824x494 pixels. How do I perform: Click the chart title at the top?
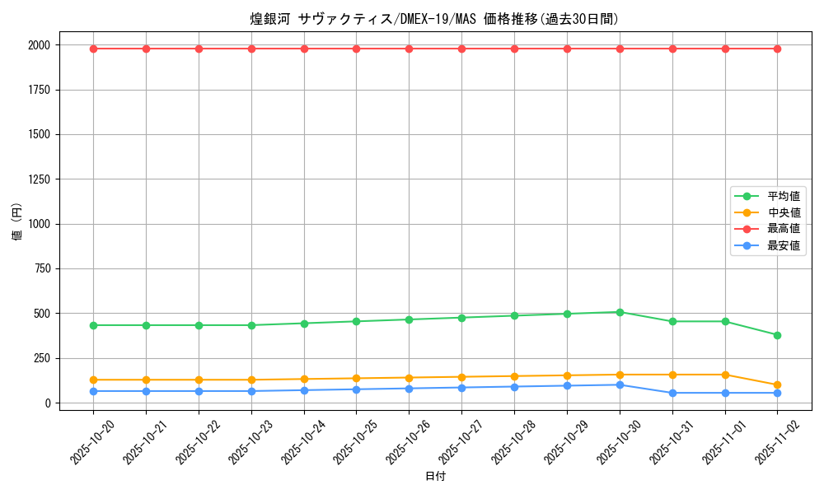(434, 19)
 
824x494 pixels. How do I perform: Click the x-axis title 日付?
(435, 477)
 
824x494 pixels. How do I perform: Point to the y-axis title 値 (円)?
(17, 223)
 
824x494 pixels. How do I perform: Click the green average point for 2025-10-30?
(620, 312)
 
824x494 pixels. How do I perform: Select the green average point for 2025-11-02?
(777, 335)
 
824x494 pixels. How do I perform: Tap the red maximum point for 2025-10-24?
(304, 49)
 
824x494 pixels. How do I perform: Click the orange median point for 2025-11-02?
(777, 384)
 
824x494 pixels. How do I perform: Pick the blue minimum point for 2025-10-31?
(672, 393)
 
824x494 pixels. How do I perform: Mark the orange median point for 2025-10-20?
(93, 380)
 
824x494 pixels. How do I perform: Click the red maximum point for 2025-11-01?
(725, 49)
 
